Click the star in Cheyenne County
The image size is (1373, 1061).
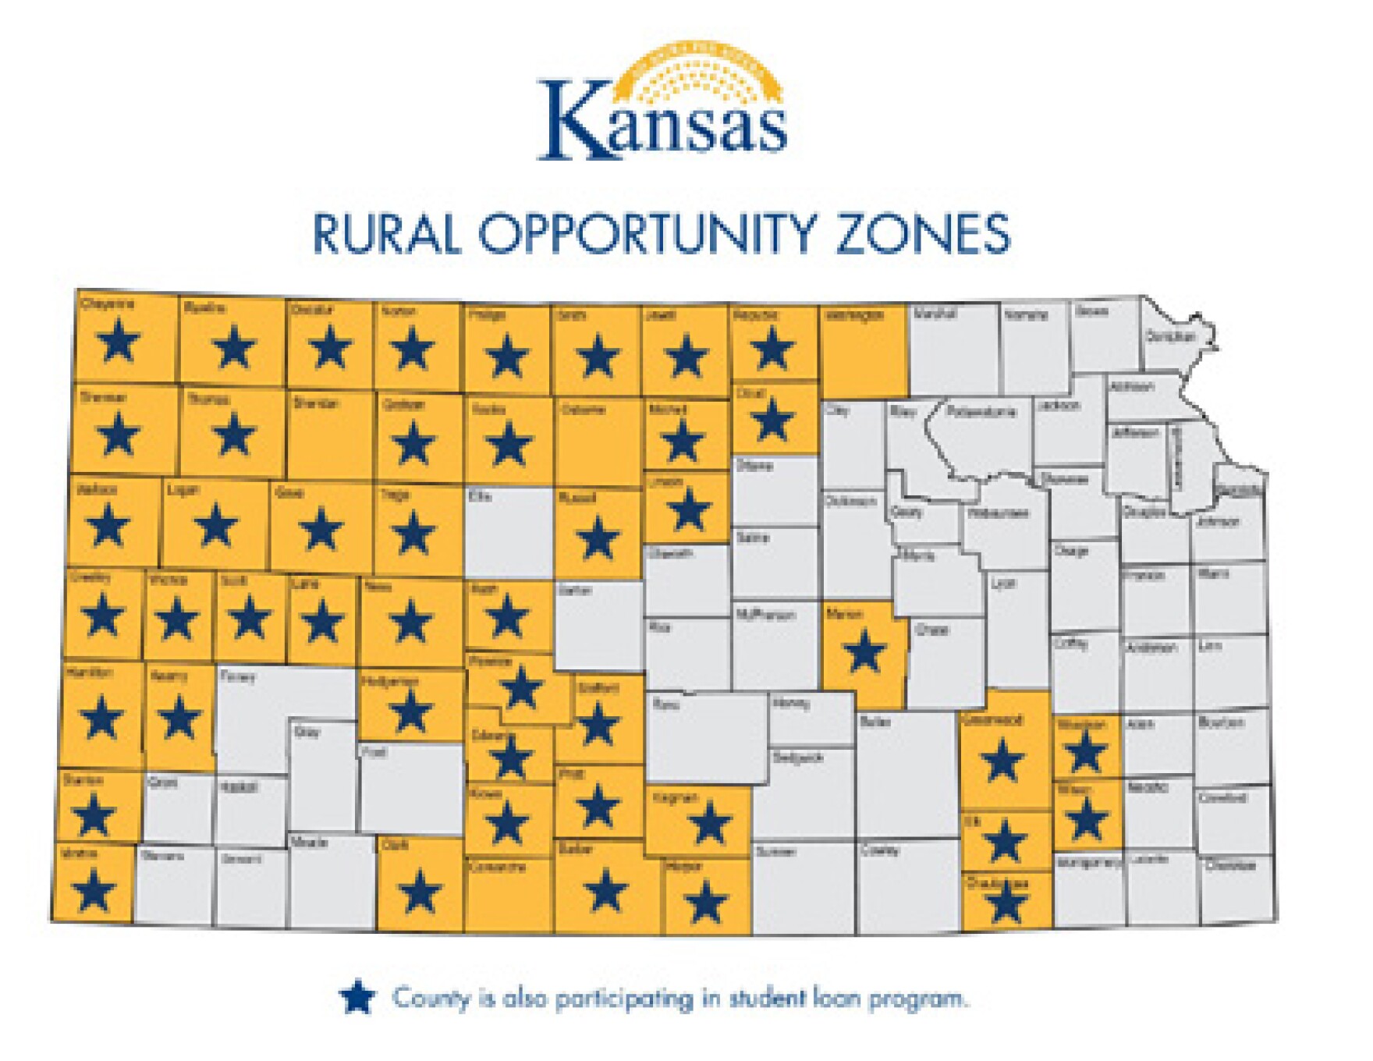[119, 342]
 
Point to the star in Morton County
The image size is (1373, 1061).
[94, 890]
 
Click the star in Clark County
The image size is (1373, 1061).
[420, 891]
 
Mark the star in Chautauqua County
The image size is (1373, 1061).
[1006, 903]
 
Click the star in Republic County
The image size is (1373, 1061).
[772, 347]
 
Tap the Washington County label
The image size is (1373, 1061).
[854, 315]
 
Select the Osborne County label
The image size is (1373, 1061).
[583, 410]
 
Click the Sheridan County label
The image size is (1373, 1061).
[316, 403]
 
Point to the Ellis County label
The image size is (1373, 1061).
[479, 495]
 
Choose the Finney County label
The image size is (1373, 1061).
[238, 676]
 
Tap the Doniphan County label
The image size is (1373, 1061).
[1170, 337]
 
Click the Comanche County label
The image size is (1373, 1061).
[497, 867]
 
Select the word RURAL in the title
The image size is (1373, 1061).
[386, 234]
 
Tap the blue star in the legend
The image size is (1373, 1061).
[357, 997]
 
